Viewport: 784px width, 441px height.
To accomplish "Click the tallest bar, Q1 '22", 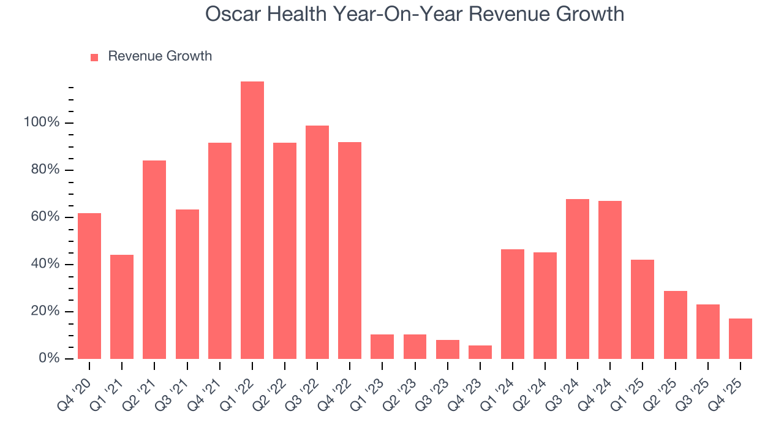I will pyautogui.click(x=252, y=220).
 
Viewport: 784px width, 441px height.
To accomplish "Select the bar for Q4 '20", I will pyautogui.click(x=89, y=285).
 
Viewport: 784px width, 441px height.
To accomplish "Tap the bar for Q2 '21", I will pyautogui.click(x=154, y=259).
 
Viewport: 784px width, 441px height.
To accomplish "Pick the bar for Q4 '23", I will pyautogui.click(x=480, y=352).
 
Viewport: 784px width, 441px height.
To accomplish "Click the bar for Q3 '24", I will pyautogui.click(x=578, y=279).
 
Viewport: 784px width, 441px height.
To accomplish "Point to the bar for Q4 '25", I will pyautogui.click(x=741, y=338).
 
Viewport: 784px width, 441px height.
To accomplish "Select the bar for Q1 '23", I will pyautogui.click(x=382, y=346).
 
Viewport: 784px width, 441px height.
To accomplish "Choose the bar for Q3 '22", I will pyautogui.click(x=317, y=242).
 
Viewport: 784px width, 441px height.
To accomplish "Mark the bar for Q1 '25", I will pyautogui.click(x=643, y=309).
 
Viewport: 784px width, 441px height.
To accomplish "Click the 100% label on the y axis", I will pyautogui.click(x=42, y=123).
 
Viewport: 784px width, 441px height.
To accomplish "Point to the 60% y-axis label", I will pyautogui.click(x=45, y=217).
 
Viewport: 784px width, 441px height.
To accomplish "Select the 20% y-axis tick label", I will pyautogui.click(x=45, y=311).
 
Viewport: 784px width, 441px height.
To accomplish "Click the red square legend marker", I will pyautogui.click(x=94, y=58).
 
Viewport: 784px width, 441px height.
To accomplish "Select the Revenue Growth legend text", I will pyautogui.click(x=160, y=56).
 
